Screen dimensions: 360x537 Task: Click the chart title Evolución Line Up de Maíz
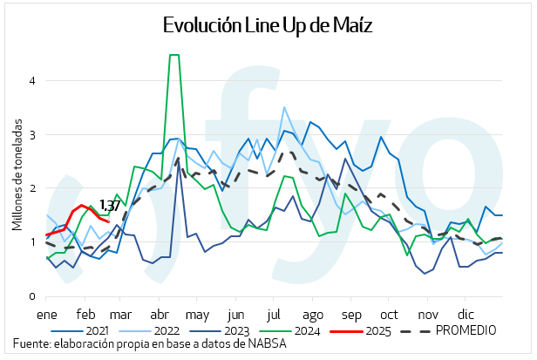point(268,25)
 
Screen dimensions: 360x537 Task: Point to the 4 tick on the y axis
point(31,80)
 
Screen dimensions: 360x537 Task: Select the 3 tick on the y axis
point(31,134)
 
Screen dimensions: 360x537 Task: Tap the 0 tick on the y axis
point(31,296)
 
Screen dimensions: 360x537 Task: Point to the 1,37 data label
point(110,206)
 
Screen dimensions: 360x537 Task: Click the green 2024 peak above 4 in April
point(173,55)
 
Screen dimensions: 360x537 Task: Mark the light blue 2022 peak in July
point(284,107)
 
